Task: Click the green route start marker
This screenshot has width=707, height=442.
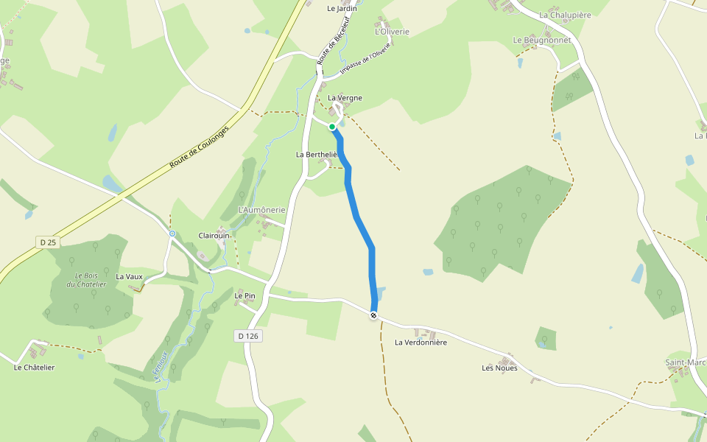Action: point(333,127)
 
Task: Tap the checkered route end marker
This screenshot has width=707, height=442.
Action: point(374,315)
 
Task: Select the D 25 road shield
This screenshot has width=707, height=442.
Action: point(48,242)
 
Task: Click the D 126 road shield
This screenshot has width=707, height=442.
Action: point(250,336)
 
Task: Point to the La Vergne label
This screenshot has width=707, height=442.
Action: point(345,98)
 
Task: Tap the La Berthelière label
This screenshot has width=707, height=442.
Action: point(316,155)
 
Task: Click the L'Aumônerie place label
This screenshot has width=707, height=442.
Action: point(261,210)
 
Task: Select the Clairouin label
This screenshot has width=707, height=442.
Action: point(214,236)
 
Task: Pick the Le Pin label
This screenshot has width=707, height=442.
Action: point(244,295)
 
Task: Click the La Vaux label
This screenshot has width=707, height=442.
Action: point(129,277)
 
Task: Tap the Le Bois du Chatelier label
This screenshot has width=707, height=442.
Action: point(86,280)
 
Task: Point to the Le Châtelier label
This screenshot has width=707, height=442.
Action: point(35,367)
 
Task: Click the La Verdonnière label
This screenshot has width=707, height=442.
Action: point(421,343)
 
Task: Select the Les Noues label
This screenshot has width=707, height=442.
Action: point(499,368)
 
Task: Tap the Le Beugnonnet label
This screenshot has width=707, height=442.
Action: point(542,40)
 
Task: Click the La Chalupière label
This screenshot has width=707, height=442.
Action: point(565,15)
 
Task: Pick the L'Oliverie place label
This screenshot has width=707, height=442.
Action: point(392,32)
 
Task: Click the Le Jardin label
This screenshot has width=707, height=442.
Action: point(342,9)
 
